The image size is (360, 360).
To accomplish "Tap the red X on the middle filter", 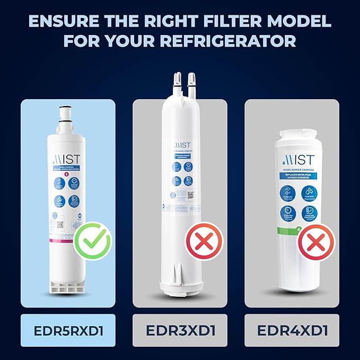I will (x=201, y=243).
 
